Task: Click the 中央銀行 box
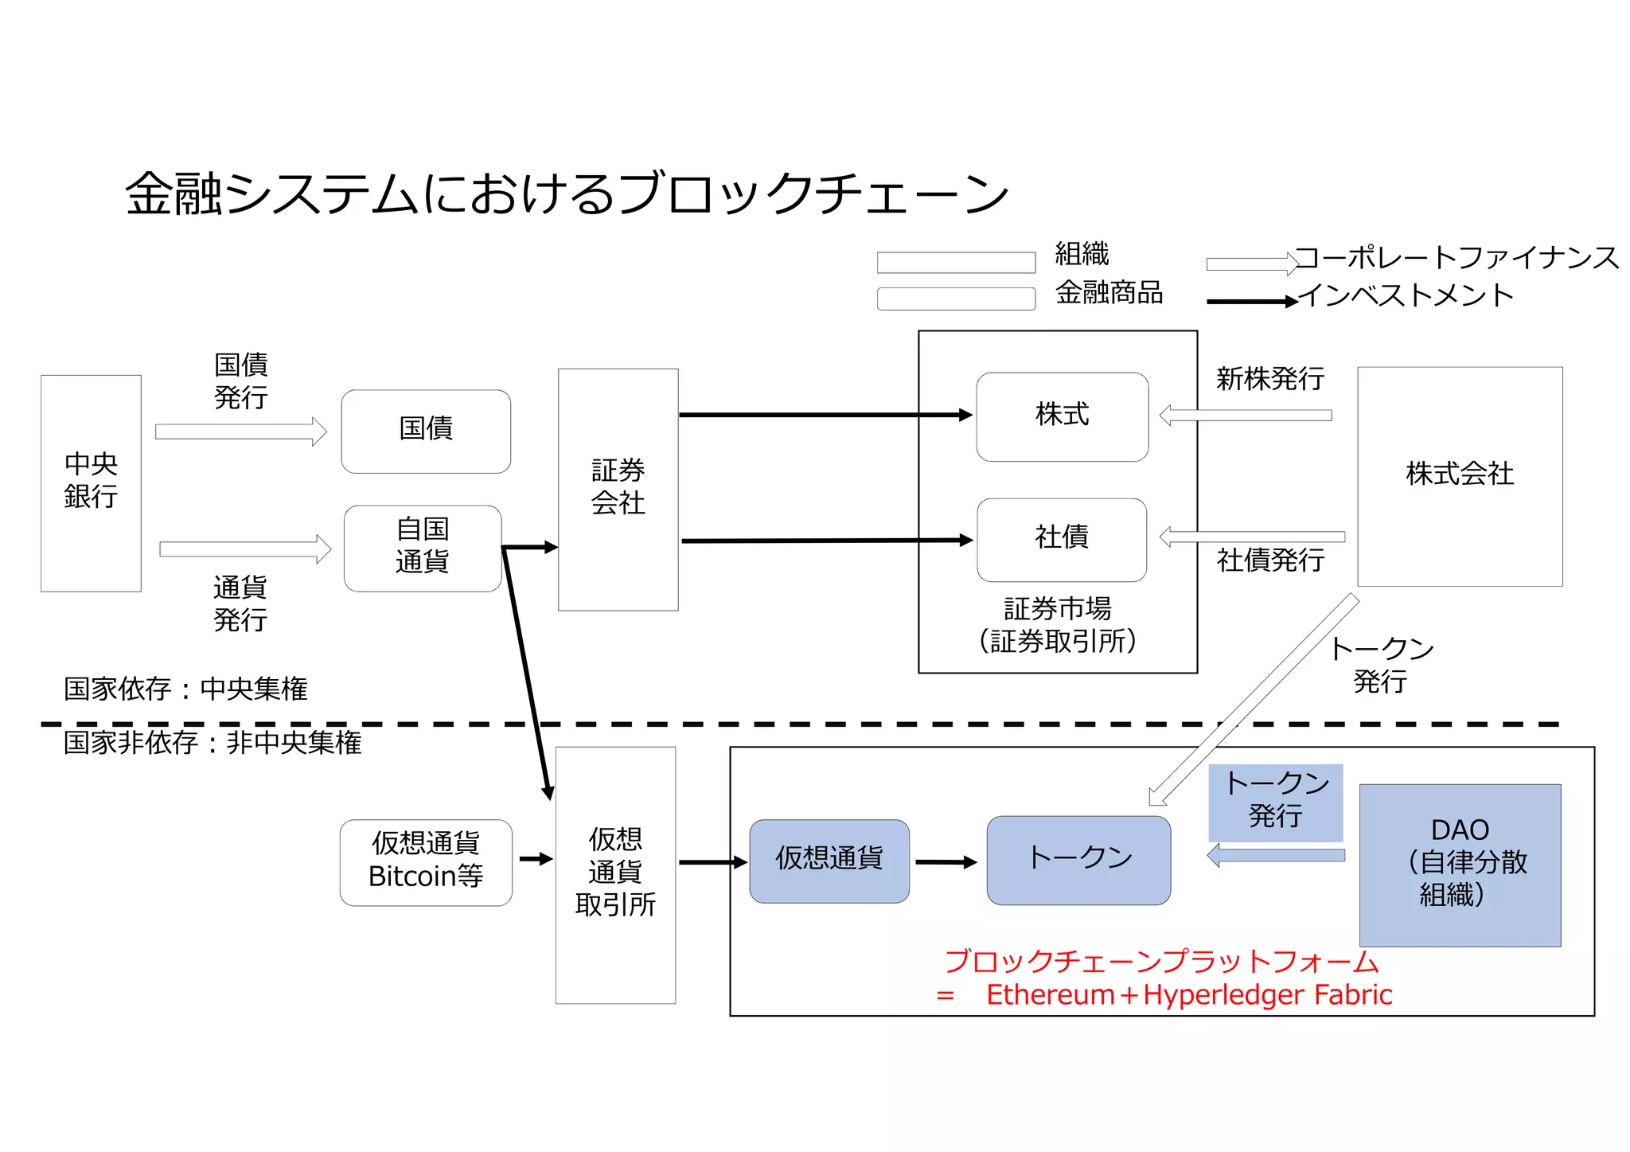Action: (91, 482)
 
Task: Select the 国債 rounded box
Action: (426, 431)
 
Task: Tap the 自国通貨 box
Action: (423, 548)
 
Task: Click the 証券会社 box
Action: (618, 489)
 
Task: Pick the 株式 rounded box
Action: (1062, 416)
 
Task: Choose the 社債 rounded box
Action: (1062, 539)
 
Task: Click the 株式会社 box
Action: (1460, 475)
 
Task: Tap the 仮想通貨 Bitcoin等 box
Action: (426, 861)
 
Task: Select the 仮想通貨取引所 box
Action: (615, 873)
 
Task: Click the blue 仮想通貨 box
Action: (829, 861)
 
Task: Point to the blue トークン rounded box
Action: (1078, 860)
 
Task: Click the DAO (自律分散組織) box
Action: (1460, 865)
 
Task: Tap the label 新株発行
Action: (1270, 379)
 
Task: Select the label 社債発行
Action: (1270, 560)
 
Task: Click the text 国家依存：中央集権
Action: (185, 689)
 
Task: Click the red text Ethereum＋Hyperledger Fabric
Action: (1188, 995)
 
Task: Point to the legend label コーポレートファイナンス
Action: (1456, 258)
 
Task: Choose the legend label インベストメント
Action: (1406, 295)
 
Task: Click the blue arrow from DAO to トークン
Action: (1276, 856)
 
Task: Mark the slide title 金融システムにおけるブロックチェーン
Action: (567, 194)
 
